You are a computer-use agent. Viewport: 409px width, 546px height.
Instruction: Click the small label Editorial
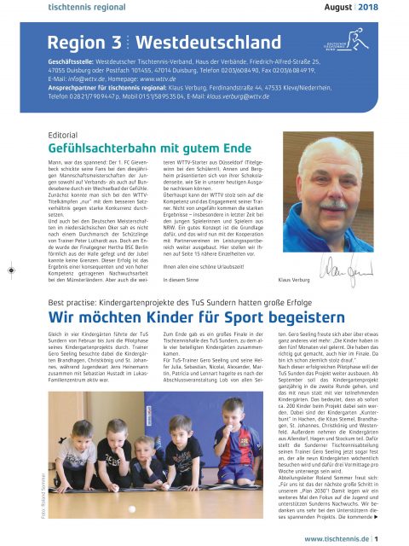coord(64,134)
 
